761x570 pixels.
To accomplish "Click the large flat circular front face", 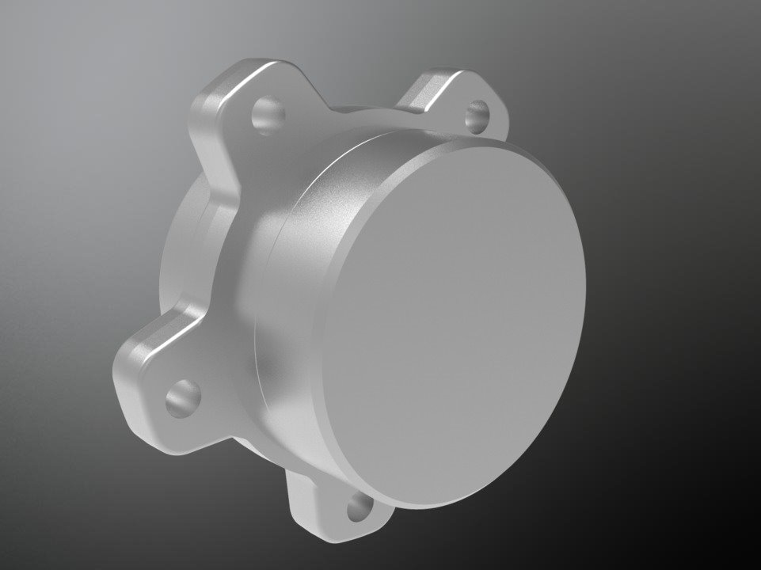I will click(459, 325).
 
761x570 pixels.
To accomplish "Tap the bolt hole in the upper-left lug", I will click(268, 114).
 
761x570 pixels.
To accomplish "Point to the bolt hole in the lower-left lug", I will click(182, 397).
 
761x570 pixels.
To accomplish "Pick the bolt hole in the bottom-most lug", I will click(360, 507).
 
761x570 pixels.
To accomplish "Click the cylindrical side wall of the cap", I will click(309, 301).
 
